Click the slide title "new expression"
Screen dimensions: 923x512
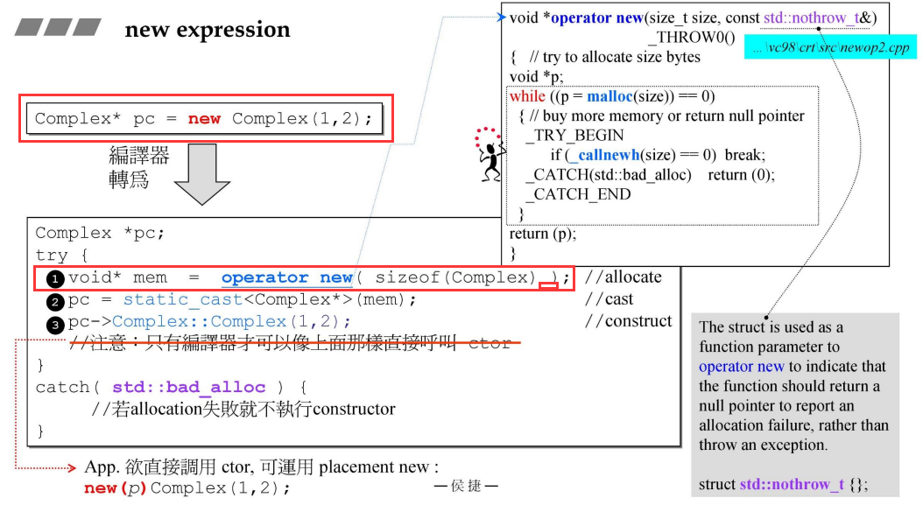click(208, 30)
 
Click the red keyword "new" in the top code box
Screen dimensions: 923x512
click(204, 118)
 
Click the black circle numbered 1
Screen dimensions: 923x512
click(55, 279)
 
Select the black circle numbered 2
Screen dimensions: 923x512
click(55, 302)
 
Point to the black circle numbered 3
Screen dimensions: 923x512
click(55, 324)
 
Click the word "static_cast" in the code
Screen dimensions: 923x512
click(182, 299)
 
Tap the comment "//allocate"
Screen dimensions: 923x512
click(623, 277)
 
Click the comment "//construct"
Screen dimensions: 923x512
click(628, 320)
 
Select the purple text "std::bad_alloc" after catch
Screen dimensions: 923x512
click(188, 387)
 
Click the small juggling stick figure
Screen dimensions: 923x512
click(490, 154)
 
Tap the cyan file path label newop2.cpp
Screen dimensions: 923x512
click(830, 47)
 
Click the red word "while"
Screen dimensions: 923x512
click(527, 96)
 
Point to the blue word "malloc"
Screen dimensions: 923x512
click(609, 96)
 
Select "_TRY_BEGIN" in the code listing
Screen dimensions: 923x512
click(574, 136)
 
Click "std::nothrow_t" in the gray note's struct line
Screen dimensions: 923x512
click(792, 484)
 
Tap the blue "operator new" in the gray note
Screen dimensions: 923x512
click(741, 367)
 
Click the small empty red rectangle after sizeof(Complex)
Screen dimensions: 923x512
click(548, 286)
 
